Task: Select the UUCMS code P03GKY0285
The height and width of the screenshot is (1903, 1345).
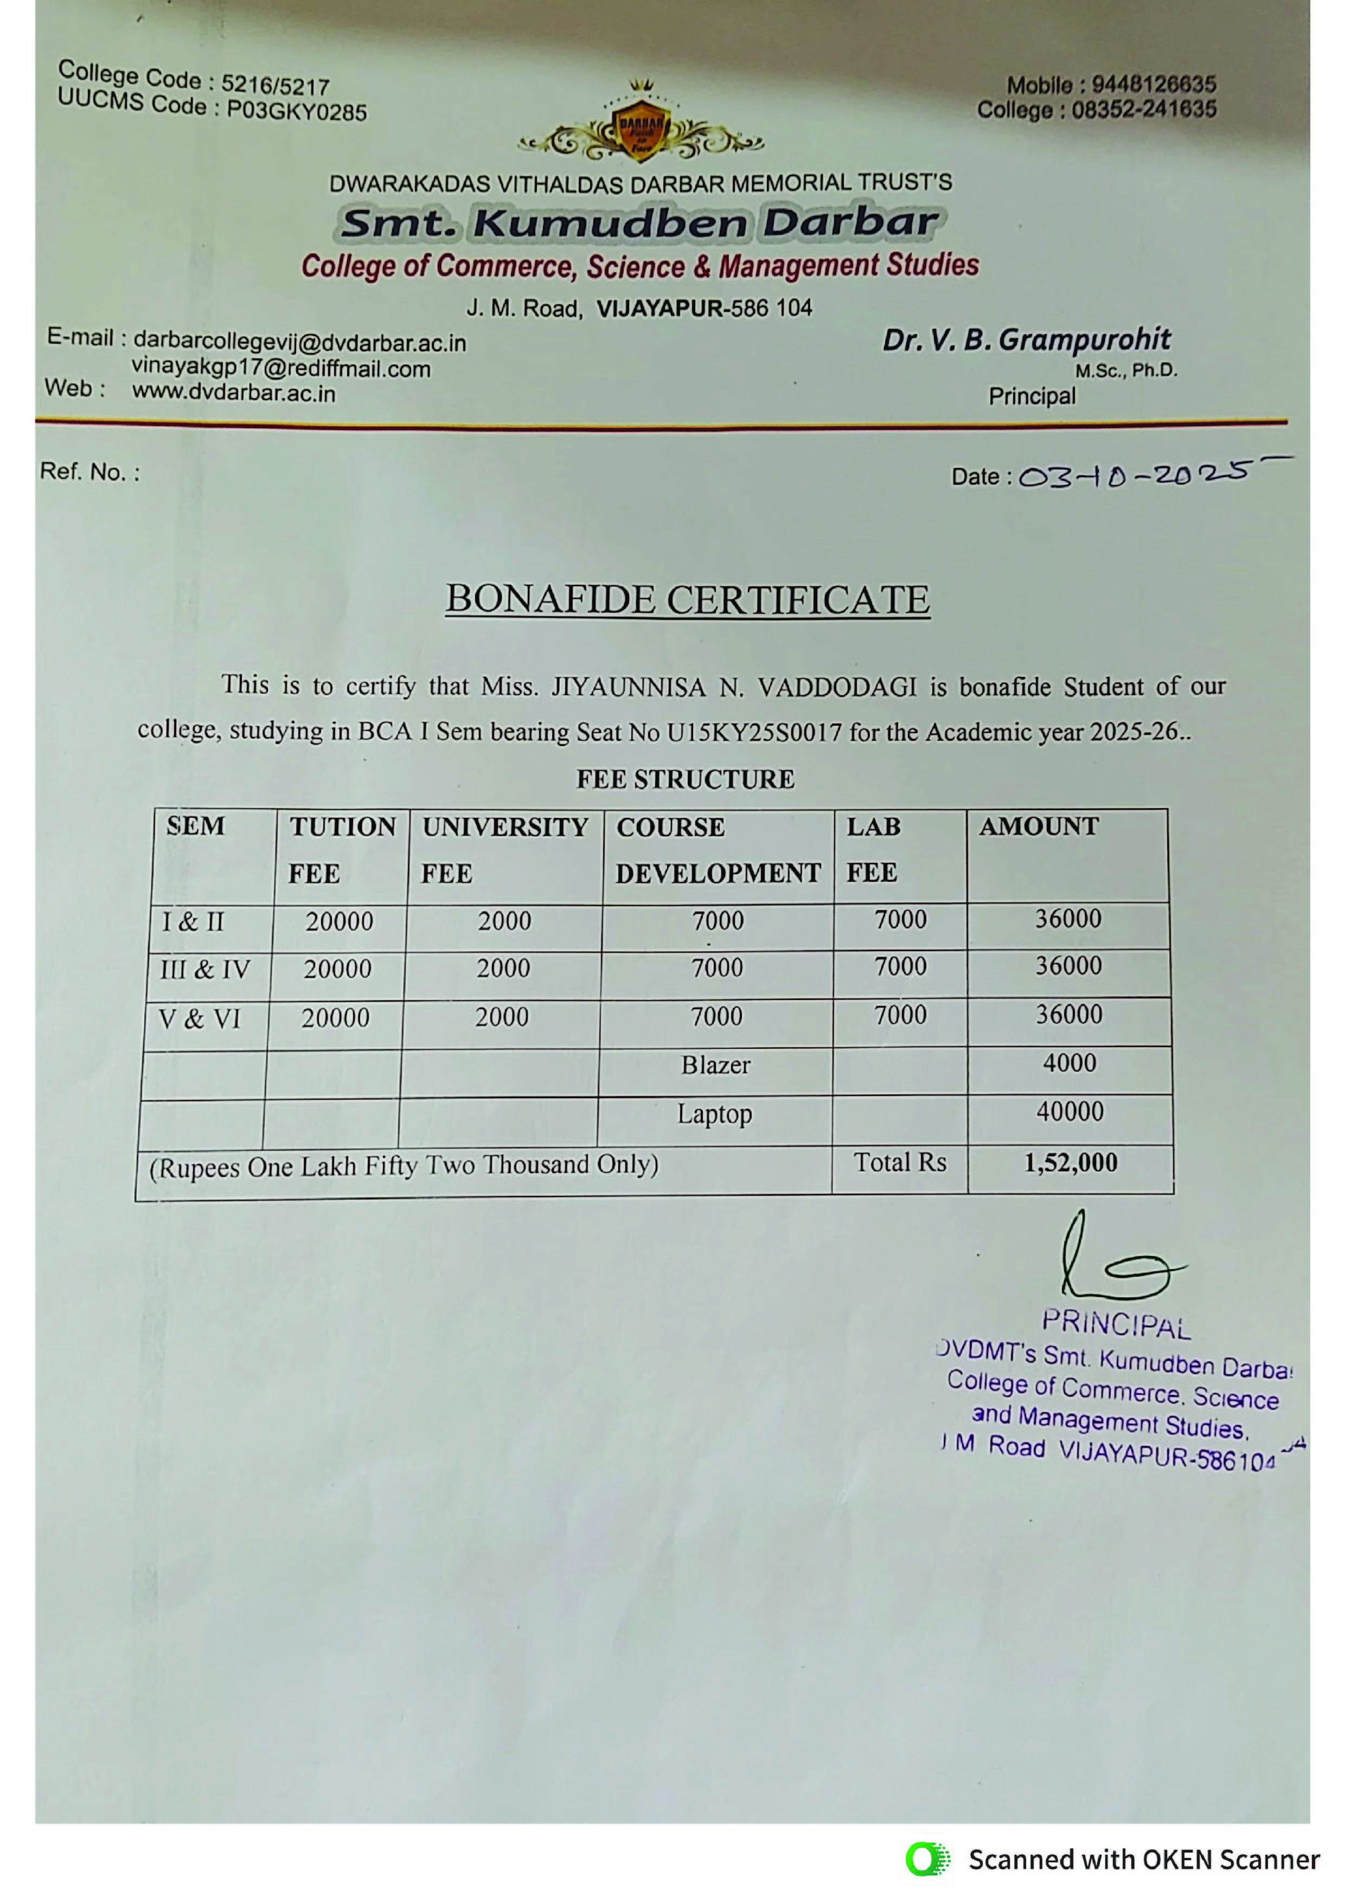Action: (x=297, y=111)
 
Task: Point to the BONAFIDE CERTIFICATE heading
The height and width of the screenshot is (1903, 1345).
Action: (x=687, y=599)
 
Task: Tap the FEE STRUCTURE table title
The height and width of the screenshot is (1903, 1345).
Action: (x=686, y=779)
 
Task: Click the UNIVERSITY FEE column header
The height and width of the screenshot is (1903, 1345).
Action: (x=505, y=850)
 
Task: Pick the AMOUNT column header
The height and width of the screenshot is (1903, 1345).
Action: (x=1039, y=826)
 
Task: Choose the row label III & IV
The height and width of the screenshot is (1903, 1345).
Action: (x=204, y=969)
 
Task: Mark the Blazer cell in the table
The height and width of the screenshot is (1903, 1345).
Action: (x=716, y=1065)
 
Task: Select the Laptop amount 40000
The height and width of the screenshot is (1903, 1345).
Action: (x=1070, y=1111)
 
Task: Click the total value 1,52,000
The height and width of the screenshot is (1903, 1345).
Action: (x=1071, y=1163)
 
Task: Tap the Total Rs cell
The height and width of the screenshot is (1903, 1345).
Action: (x=900, y=1163)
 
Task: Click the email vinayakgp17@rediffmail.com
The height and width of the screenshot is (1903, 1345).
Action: (x=281, y=369)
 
